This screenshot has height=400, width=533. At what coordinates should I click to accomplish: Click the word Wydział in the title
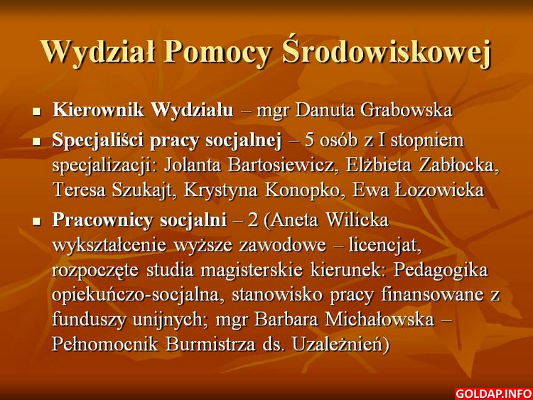click(x=98, y=53)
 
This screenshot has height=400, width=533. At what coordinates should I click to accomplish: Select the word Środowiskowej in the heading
click(x=387, y=51)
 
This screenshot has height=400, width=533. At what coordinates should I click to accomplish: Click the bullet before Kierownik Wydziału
click(x=37, y=111)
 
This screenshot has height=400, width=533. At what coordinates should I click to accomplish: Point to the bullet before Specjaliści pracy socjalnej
click(x=37, y=141)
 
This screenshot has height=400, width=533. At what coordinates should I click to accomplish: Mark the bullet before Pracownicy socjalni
click(x=37, y=222)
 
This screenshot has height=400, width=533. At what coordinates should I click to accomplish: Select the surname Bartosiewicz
click(x=281, y=166)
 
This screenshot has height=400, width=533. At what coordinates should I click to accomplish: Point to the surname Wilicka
click(x=357, y=220)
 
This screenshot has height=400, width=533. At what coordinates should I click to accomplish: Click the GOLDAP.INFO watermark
click(x=494, y=394)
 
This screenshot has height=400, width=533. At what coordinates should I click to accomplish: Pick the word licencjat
click(x=384, y=246)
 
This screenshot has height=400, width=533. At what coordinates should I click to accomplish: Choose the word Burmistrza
click(x=210, y=345)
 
